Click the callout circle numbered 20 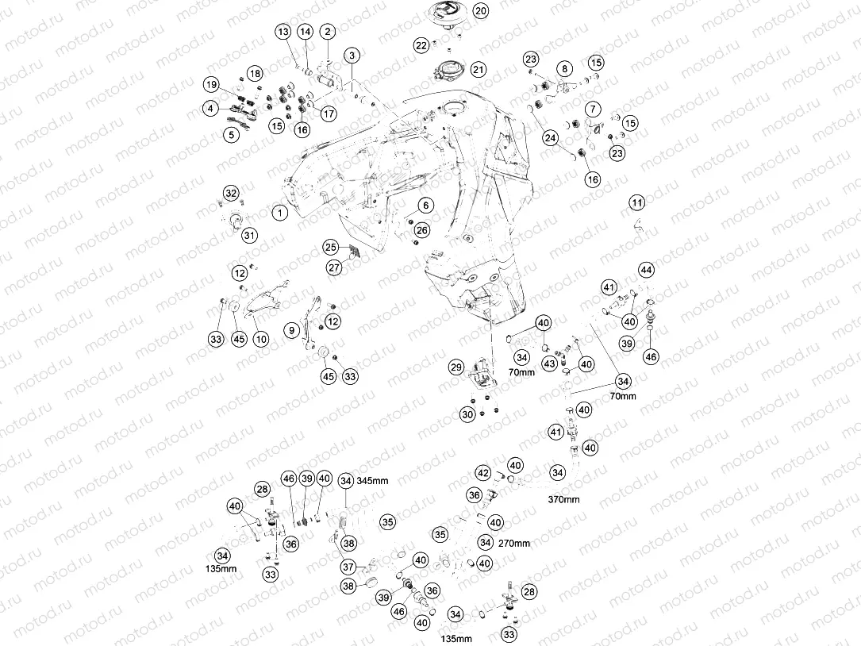click(480, 11)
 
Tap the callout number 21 click(479, 70)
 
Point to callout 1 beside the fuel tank click(280, 212)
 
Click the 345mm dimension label click(372, 481)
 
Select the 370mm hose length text click(563, 500)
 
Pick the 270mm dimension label click(514, 544)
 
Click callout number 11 click(637, 202)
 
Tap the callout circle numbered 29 click(456, 367)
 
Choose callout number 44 click(646, 270)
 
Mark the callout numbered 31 click(250, 236)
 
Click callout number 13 click(283, 32)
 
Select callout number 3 click(352, 55)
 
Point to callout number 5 click(232, 134)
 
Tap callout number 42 click(482, 473)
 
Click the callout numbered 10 click(261, 339)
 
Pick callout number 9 click(291, 330)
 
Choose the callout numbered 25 click(330, 248)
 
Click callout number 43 click(550, 363)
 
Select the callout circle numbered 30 click(467, 414)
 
